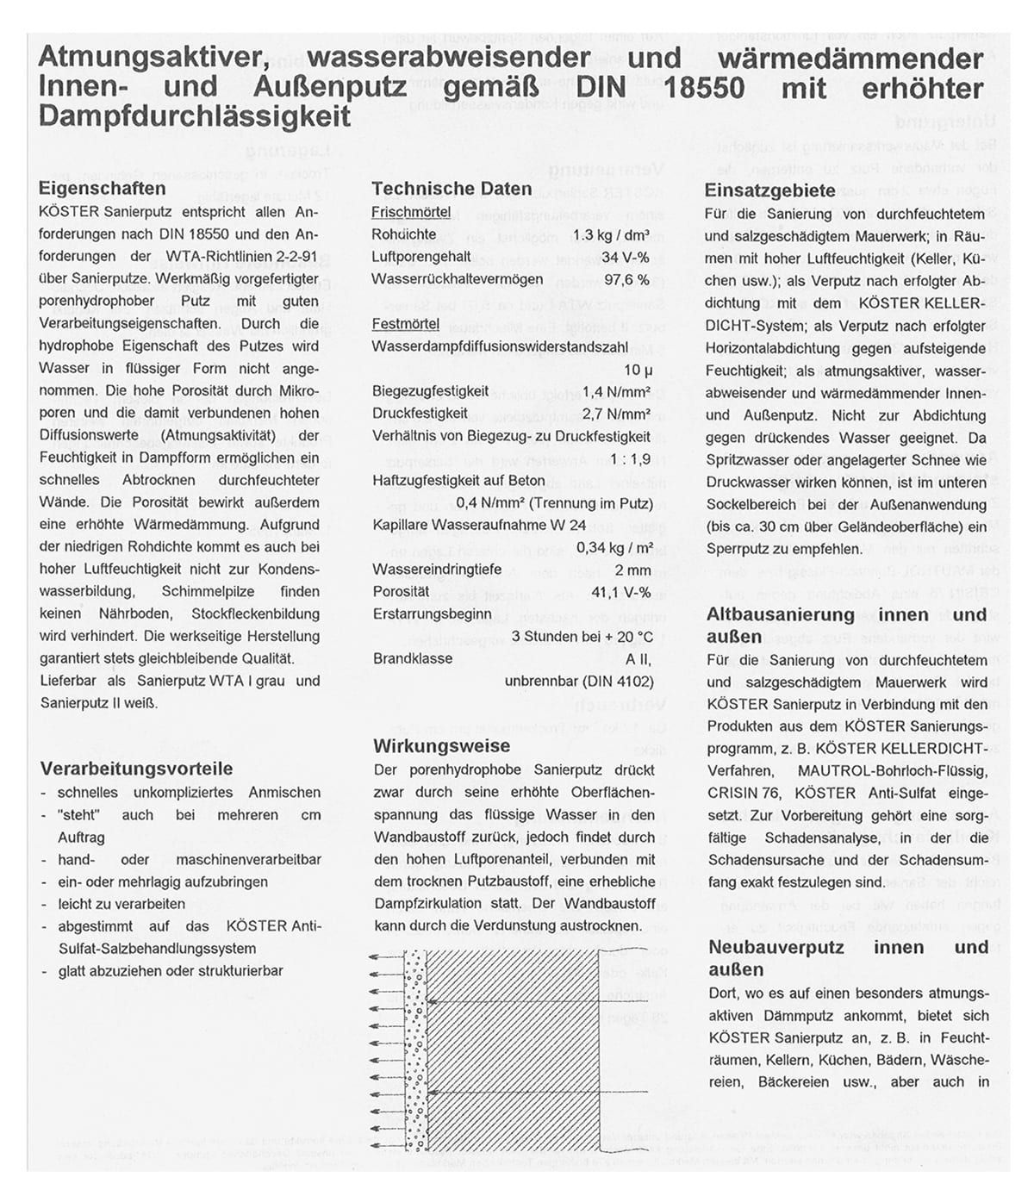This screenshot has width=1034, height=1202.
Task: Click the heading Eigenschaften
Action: click(x=103, y=189)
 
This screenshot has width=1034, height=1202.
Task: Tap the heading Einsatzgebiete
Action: click(x=769, y=191)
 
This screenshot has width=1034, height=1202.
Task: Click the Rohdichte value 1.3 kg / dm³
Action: click(x=610, y=234)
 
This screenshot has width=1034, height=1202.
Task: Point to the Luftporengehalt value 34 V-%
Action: click(x=625, y=257)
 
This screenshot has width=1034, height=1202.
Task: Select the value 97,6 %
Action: click(x=626, y=279)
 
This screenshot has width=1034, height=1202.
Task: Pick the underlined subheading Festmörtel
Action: click(x=405, y=324)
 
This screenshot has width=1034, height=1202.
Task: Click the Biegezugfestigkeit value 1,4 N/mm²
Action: click(x=616, y=391)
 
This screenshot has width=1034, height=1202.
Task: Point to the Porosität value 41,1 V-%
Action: click(x=620, y=592)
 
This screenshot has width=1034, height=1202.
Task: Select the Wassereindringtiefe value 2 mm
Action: click(x=632, y=570)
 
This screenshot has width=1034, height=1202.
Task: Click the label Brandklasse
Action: click(x=412, y=658)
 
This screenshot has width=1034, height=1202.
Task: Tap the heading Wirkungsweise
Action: click(x=441, y=746)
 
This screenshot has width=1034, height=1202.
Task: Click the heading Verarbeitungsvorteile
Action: click(x=136, y=769)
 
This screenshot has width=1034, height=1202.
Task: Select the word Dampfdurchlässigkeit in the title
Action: click(x=195, y=116)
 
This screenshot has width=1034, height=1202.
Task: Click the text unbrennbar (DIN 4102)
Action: click(x=578, y=681)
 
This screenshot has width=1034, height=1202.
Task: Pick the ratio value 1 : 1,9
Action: click(x=630, y=458)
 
